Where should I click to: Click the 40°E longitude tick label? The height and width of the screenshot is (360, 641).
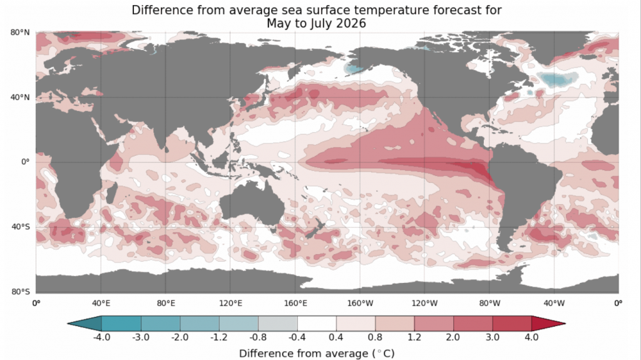[x=101, y=304]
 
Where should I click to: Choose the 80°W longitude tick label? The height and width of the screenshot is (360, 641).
[x=490, y=304]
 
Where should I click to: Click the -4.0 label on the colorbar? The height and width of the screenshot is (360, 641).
[x=101, y=337]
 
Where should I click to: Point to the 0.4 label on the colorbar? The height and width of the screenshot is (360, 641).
[x=336, y=337]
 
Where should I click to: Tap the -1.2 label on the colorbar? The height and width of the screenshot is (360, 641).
[x=218, y=337]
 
